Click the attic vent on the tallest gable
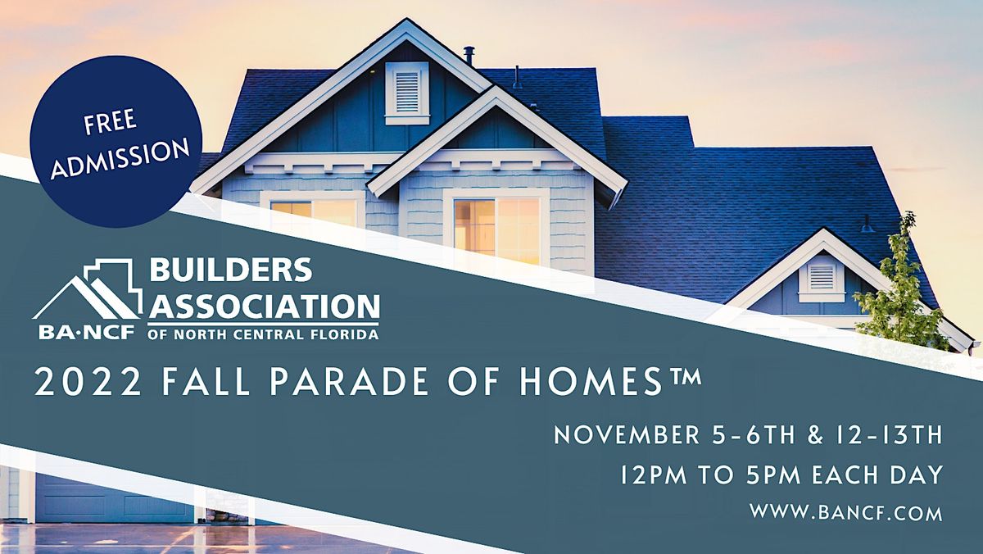tap(406, 91)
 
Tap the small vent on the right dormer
tap(822, 277)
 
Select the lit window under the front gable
tap(496, 225)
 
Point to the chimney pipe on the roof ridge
tap(469, 56)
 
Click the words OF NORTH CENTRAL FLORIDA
tap(263, 334)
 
